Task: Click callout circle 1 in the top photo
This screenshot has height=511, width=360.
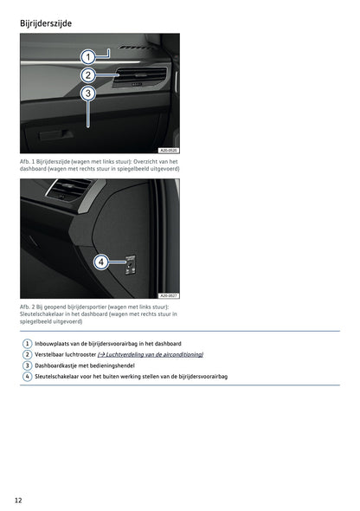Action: tap(88, 56)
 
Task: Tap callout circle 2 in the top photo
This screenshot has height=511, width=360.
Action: tap(88, 75)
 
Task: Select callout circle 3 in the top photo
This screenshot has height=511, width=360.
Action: tap(88, 94)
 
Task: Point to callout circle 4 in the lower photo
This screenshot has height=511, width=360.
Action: tap(100, 262)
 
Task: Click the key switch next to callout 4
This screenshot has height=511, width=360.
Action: tap(129, 263)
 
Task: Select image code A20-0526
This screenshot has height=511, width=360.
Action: tap(169, 150)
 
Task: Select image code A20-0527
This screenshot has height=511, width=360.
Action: tap(169, 295)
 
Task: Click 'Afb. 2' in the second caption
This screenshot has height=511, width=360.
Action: tap(28, 307)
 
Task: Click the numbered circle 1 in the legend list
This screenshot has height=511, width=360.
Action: tap(28, 344)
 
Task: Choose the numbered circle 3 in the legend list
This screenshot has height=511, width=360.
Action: tap(28, 365)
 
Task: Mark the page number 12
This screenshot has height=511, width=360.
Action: tap(18, 501)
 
